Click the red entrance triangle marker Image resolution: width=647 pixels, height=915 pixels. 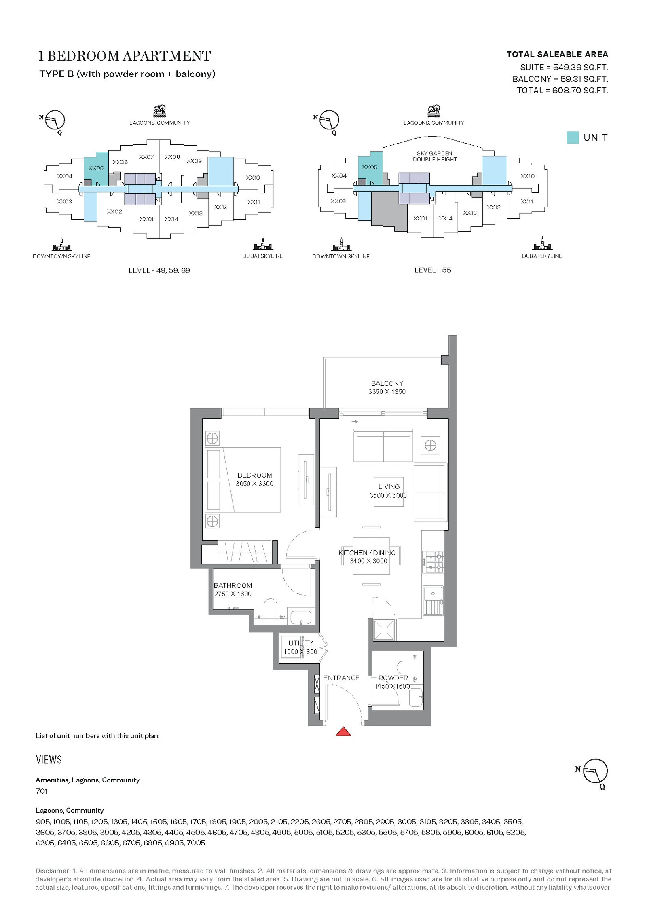(x=343, y=731)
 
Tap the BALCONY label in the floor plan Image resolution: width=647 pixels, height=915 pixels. (x=387, y=383)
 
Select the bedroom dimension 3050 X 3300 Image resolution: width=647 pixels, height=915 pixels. (x=254, y=484)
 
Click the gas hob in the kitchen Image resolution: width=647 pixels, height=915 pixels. (x=433, y=562)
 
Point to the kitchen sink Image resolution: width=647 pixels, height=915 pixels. (x=433, y=600)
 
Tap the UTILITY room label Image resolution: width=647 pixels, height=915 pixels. (x=300, y=643)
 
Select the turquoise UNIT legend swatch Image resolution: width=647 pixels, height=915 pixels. (x=573, y=137)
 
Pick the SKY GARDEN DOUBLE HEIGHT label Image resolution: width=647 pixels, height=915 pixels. (x=435, y=156)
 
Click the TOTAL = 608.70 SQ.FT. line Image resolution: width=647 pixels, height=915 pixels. (x=562, y=90)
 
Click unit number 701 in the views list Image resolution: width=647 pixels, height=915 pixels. (x=42, y=791)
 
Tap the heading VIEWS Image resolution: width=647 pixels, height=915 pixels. (x=49, y=760)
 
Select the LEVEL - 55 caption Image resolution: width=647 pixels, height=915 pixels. (x=433, y=270)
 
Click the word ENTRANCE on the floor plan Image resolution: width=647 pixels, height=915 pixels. (x=341, y=678)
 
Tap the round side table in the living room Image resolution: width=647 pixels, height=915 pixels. (x=430, y=445)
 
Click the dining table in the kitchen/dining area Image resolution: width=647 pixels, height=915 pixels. (x=371, y=556)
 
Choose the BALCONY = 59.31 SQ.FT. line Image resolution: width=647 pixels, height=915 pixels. (x=560, y=79)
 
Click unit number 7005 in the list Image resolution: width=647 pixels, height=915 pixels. (x=196, y=843)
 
